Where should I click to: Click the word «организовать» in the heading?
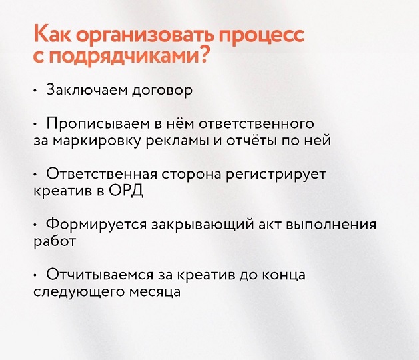145,35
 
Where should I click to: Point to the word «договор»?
163,91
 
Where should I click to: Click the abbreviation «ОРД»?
126,191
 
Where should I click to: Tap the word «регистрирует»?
276,175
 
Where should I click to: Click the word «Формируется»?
96,225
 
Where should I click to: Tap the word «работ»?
55,241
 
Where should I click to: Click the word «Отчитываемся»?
99,275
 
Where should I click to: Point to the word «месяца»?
155,292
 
